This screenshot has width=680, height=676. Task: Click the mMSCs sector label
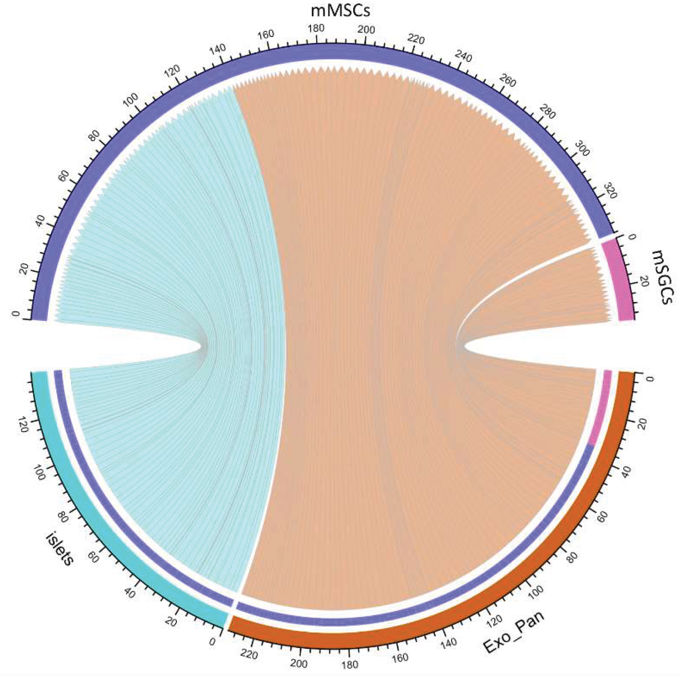click(340, 10)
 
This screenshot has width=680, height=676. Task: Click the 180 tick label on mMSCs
click(316, 28)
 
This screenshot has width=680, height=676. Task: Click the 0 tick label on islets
click(212, 642)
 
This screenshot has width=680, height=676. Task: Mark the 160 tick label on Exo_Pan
click(400, 657)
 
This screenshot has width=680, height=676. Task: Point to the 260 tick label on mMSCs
click(507, 82)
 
